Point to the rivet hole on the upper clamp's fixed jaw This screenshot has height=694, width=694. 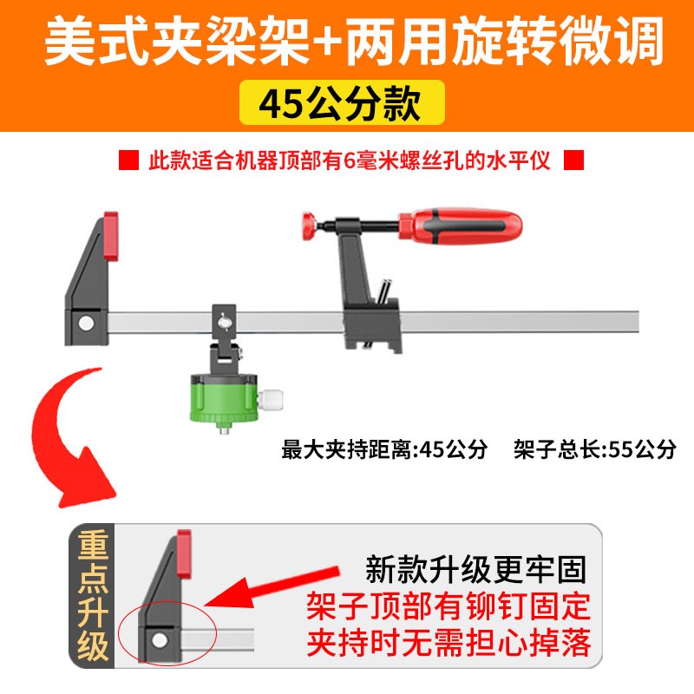coord(85,323)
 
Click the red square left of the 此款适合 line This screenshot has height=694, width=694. coord(128,161)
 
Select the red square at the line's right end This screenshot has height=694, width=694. coord(574,161)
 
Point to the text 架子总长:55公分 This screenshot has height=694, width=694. coord(593,449)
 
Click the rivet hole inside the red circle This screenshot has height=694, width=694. coord(160,640)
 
